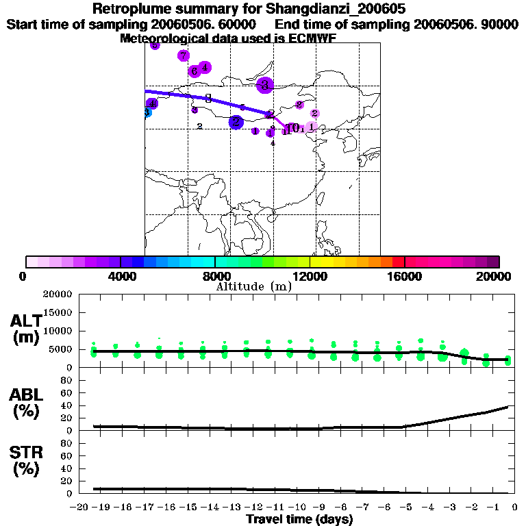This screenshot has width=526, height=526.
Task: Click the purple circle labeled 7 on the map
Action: (x=183, y=55)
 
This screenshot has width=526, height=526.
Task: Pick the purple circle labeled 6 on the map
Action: (x=195, y=71)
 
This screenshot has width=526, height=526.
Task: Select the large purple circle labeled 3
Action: (x=265, y=85)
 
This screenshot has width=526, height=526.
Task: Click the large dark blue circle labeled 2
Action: (x=236, y=122)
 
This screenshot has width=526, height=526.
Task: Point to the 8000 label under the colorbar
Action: (x=214, y=276)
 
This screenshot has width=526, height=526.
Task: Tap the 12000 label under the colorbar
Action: (x=310, y=276)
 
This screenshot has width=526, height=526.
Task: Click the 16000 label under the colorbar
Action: (x=404, y=276)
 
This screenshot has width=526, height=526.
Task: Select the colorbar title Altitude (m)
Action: (x=253, y=286)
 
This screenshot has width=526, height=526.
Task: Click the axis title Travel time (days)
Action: (x=299, y=519)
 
